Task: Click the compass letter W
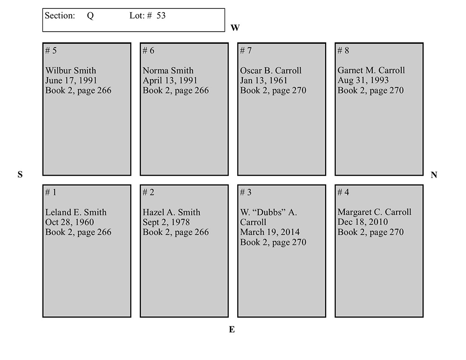[235, 28]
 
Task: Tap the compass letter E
[232, 330]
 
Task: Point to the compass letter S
[20, 175]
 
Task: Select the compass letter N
[434, 175]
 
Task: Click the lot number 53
[161, 16]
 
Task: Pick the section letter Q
[90, 16]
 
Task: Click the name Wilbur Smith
[71, 71]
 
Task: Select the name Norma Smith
[168, 71]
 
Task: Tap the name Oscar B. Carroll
[271, 71]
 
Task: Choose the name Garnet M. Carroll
[371, 70]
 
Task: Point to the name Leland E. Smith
[76, 212]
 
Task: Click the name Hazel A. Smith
[171, 212]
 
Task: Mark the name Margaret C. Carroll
[375, 212]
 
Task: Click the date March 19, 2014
[270, 232]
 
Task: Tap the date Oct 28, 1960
[69, 222]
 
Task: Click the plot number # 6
[148, 51]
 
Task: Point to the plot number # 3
[246, 192]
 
